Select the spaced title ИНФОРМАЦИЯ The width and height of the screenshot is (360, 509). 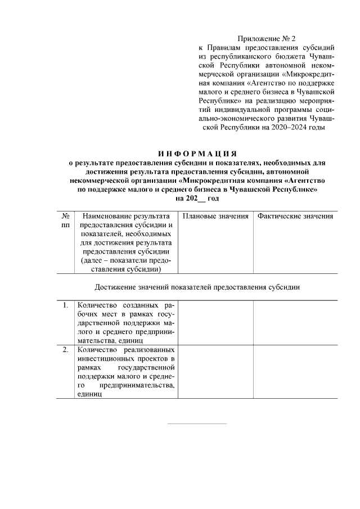tap(197, 154)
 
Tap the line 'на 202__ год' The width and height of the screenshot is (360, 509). tap(197, 199)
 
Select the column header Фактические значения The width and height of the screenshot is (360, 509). tap(295, 217)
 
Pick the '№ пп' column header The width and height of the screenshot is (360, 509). tap(65, 220)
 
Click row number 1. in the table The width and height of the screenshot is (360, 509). tap(65, 305)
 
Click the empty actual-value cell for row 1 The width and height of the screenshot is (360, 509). tap(295, 322)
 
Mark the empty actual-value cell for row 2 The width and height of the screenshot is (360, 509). tap(295, 372)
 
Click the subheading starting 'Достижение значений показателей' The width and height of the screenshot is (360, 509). tap(197, 287)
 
